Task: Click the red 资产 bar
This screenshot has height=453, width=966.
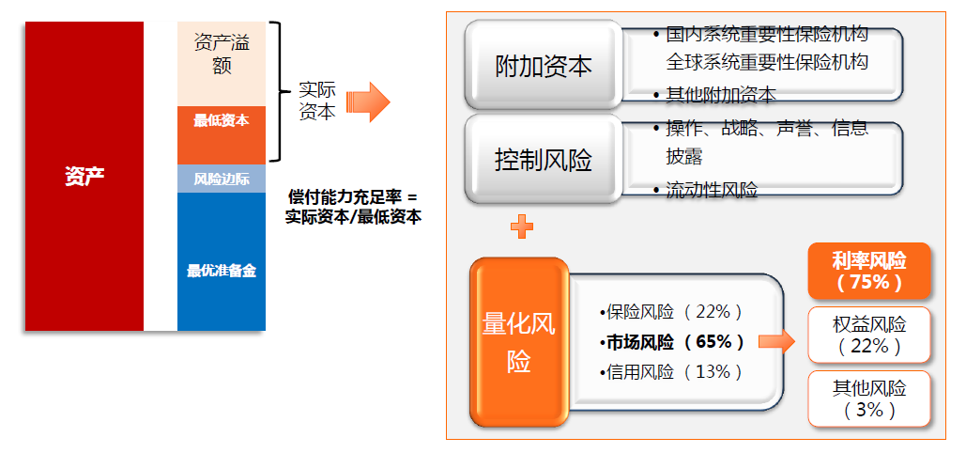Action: click(x=84, y=176)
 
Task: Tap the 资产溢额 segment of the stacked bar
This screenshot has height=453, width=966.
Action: click(x=222, y=55)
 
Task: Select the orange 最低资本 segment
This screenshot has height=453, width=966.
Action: click(x=222, y=121)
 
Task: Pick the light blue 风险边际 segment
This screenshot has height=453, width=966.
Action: click(x=222, y=179)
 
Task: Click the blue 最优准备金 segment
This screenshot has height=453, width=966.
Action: click(x=222, y=271)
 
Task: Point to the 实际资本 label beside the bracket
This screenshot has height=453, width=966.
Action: click(x=316, y=101)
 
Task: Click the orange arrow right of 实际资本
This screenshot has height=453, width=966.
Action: click(x=367, y=102)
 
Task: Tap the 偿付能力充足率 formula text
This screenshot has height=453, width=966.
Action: click(x=352, y=207)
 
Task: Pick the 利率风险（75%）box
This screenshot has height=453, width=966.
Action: click(x=868, y=270)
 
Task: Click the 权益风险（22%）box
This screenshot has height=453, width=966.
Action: click(x=868, y=335)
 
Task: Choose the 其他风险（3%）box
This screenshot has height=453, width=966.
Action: click(x=868, y=398)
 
